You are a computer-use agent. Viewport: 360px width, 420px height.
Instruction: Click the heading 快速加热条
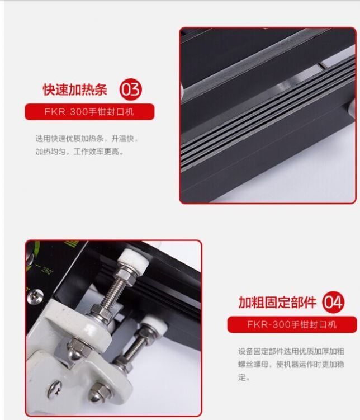pos(75,90)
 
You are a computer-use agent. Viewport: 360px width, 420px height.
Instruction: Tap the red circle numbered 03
pos(131,90)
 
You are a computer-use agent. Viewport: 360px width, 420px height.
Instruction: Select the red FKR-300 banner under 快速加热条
pos(89,112)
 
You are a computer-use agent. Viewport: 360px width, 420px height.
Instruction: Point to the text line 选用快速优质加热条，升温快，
pos(86,139)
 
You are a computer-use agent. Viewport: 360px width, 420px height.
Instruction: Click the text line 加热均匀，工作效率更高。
pos(79,151)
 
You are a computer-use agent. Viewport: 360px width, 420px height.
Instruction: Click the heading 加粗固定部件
pos(277,303)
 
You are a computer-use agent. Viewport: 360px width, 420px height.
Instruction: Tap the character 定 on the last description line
pos(241,377)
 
